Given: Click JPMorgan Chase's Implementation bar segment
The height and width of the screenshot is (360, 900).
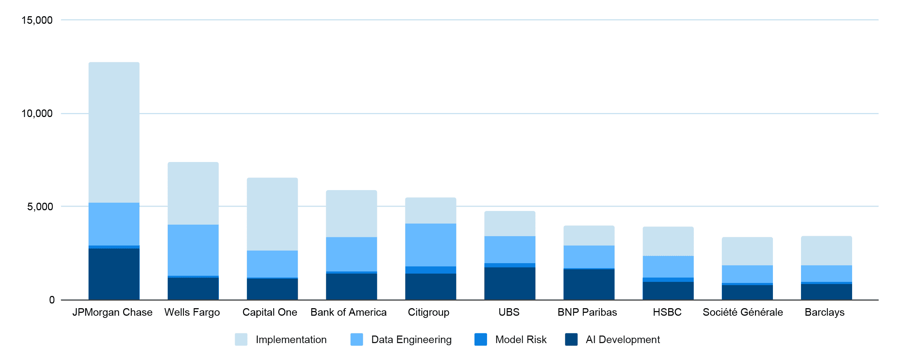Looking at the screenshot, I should click(x=114, y=132).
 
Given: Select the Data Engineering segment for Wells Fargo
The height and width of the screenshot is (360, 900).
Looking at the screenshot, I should click(x=193, y=250).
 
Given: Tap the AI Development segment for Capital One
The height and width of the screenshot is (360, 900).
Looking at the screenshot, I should click(x=272, y=289).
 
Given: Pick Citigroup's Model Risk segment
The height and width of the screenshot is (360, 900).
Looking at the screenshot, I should click(x=431, y=270).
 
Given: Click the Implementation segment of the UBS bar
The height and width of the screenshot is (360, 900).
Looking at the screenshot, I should click(x=510, y=224).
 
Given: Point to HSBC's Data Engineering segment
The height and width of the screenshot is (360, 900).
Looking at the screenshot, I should click(x=668, y=267).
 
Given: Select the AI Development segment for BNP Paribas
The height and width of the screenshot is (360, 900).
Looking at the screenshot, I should click(x=589, y=284).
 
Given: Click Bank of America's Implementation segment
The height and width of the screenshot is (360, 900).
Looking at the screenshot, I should click(x=351, y=213).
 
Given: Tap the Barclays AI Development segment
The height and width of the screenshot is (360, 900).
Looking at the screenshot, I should click(x=827, y=292).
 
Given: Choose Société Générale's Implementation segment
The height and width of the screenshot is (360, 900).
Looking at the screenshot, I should click(x=747, y=251).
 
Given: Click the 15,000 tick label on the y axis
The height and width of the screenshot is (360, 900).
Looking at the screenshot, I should click(x=37, y=20).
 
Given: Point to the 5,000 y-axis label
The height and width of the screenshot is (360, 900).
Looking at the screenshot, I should click(x=40, y=207).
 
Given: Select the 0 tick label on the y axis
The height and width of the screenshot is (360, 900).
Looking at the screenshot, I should click(x=52, y=300).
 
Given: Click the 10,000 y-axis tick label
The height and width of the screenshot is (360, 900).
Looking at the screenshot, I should click(x=37, y=113).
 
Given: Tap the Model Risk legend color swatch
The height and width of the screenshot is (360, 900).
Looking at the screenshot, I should click(x=481, y=339).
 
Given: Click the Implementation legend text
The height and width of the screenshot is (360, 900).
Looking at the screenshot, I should click(x=291, y=339).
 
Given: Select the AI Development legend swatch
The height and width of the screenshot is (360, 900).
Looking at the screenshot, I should click(x=571, y=339).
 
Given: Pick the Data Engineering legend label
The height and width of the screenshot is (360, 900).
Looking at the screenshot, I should click(x=411, y=339).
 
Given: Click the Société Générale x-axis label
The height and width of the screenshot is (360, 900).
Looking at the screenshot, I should click(x=743, y=312).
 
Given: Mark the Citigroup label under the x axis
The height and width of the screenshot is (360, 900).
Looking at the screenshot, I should click(x=428, y=312).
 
